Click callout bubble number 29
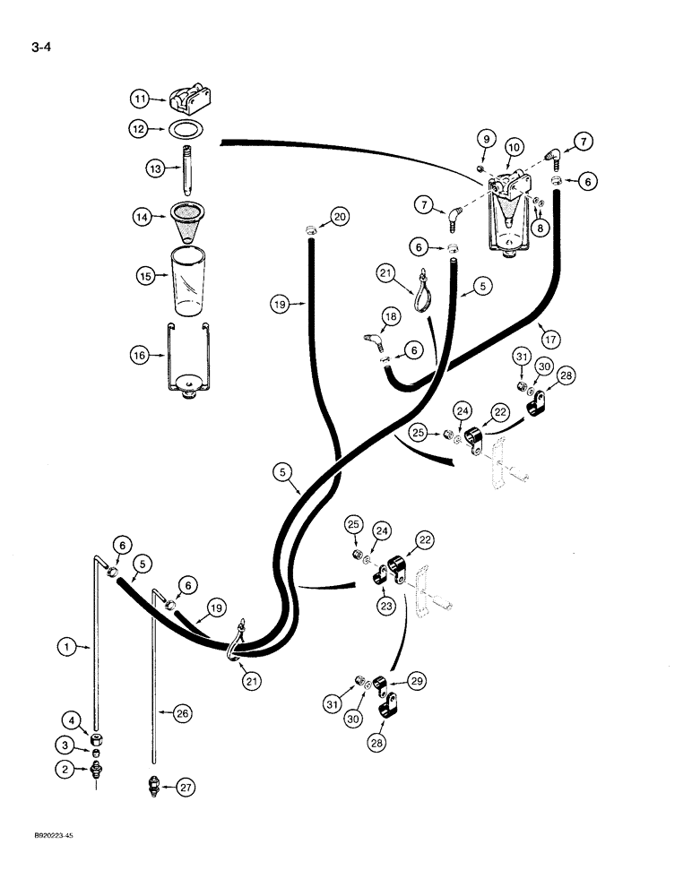coord(418,682)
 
